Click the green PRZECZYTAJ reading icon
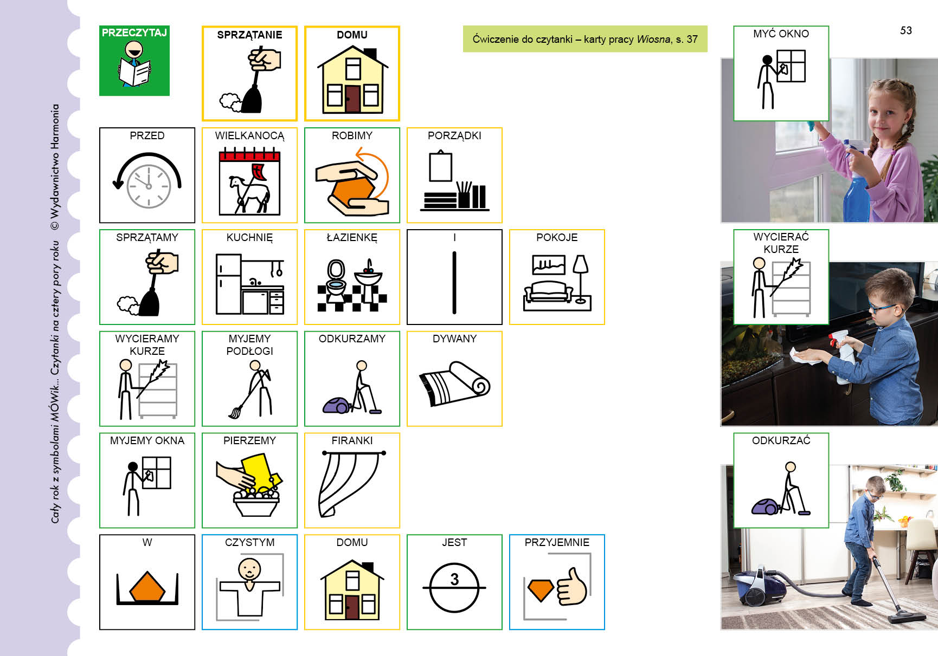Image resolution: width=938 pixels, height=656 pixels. pos(134,61)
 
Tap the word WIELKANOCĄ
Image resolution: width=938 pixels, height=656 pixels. pos(249,136)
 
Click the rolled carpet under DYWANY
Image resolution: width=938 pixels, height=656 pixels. pos(454,383)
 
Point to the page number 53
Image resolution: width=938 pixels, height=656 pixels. pos(906,30)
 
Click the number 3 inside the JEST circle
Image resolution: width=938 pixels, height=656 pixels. pos(454,580)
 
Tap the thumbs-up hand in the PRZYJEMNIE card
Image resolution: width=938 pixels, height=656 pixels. pos(571,586)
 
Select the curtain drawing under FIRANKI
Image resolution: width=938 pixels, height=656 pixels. pos(352,483)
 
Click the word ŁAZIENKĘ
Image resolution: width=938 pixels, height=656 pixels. pos(352,237)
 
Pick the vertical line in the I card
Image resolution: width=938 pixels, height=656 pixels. pos(454,282)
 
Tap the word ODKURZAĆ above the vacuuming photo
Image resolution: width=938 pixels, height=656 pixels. pos(781,440)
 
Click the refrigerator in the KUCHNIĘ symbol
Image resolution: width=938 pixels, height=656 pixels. pos(228,284)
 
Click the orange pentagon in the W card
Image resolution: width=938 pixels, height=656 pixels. pos(147,586)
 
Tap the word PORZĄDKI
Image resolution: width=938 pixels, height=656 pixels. pos(454,135)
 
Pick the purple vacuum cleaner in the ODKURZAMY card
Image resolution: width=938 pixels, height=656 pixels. pos(337,405)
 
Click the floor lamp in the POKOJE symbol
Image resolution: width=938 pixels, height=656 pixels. pos(581,278)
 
